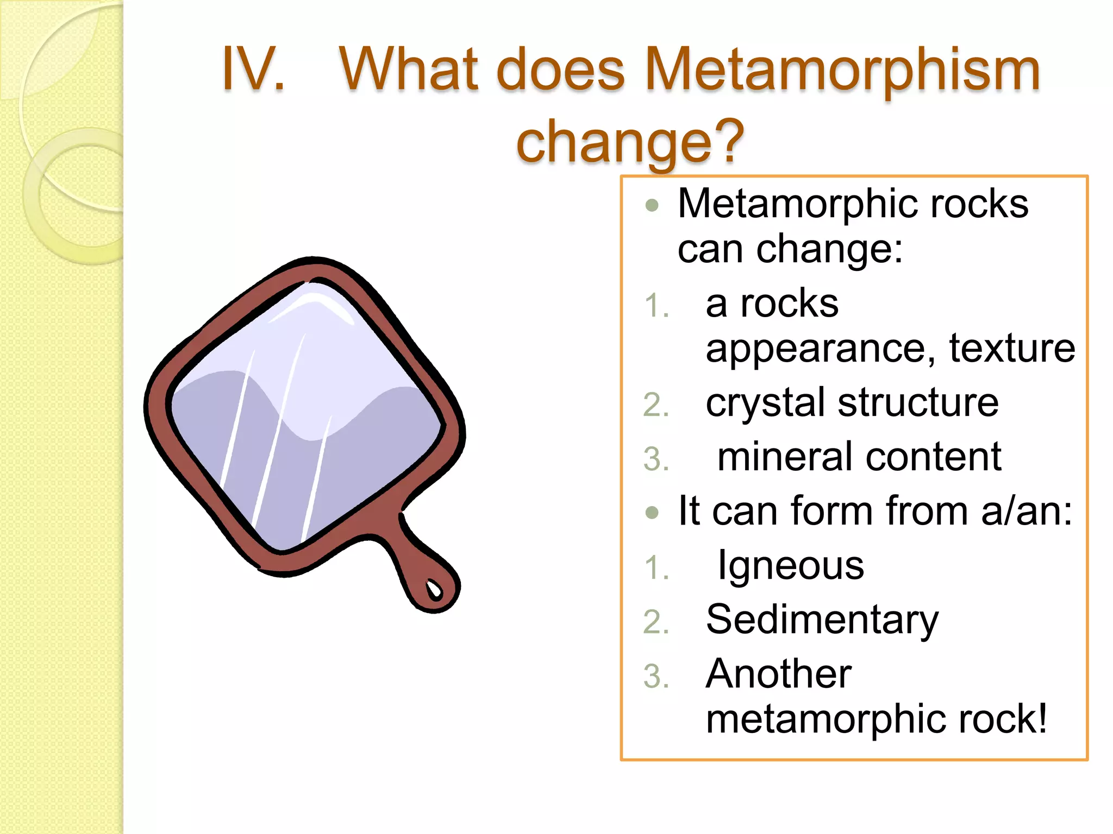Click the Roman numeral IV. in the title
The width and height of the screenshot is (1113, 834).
tap(253, 69)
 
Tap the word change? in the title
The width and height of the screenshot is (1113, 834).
tap(630, 142)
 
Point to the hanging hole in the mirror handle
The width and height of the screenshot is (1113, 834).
tap(435, 589)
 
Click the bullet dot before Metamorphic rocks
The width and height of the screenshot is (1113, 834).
tap(652, 206)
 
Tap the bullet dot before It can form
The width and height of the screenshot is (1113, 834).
tap(652, 513)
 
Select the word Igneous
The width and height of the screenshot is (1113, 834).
tap(791, 566)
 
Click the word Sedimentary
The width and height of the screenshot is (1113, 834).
tap(822, 620)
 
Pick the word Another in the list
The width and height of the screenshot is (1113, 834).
tap(778, 674)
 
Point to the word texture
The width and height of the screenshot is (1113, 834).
tap(1012, 348)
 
